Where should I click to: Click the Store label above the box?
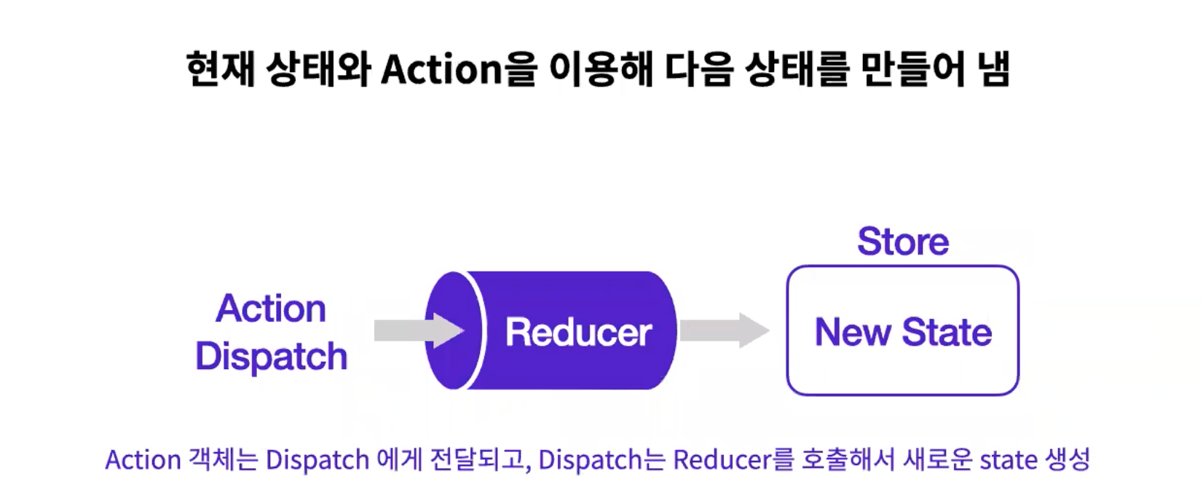903,242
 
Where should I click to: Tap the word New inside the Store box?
853,333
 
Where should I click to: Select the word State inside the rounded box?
947,333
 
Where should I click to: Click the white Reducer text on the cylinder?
578,333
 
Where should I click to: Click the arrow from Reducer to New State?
723,330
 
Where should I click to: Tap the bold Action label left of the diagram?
271,309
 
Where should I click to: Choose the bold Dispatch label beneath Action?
271,357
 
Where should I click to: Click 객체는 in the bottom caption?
223,460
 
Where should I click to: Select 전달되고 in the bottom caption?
466,460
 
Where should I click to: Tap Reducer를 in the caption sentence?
732,460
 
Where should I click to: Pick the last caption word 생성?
1068,460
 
